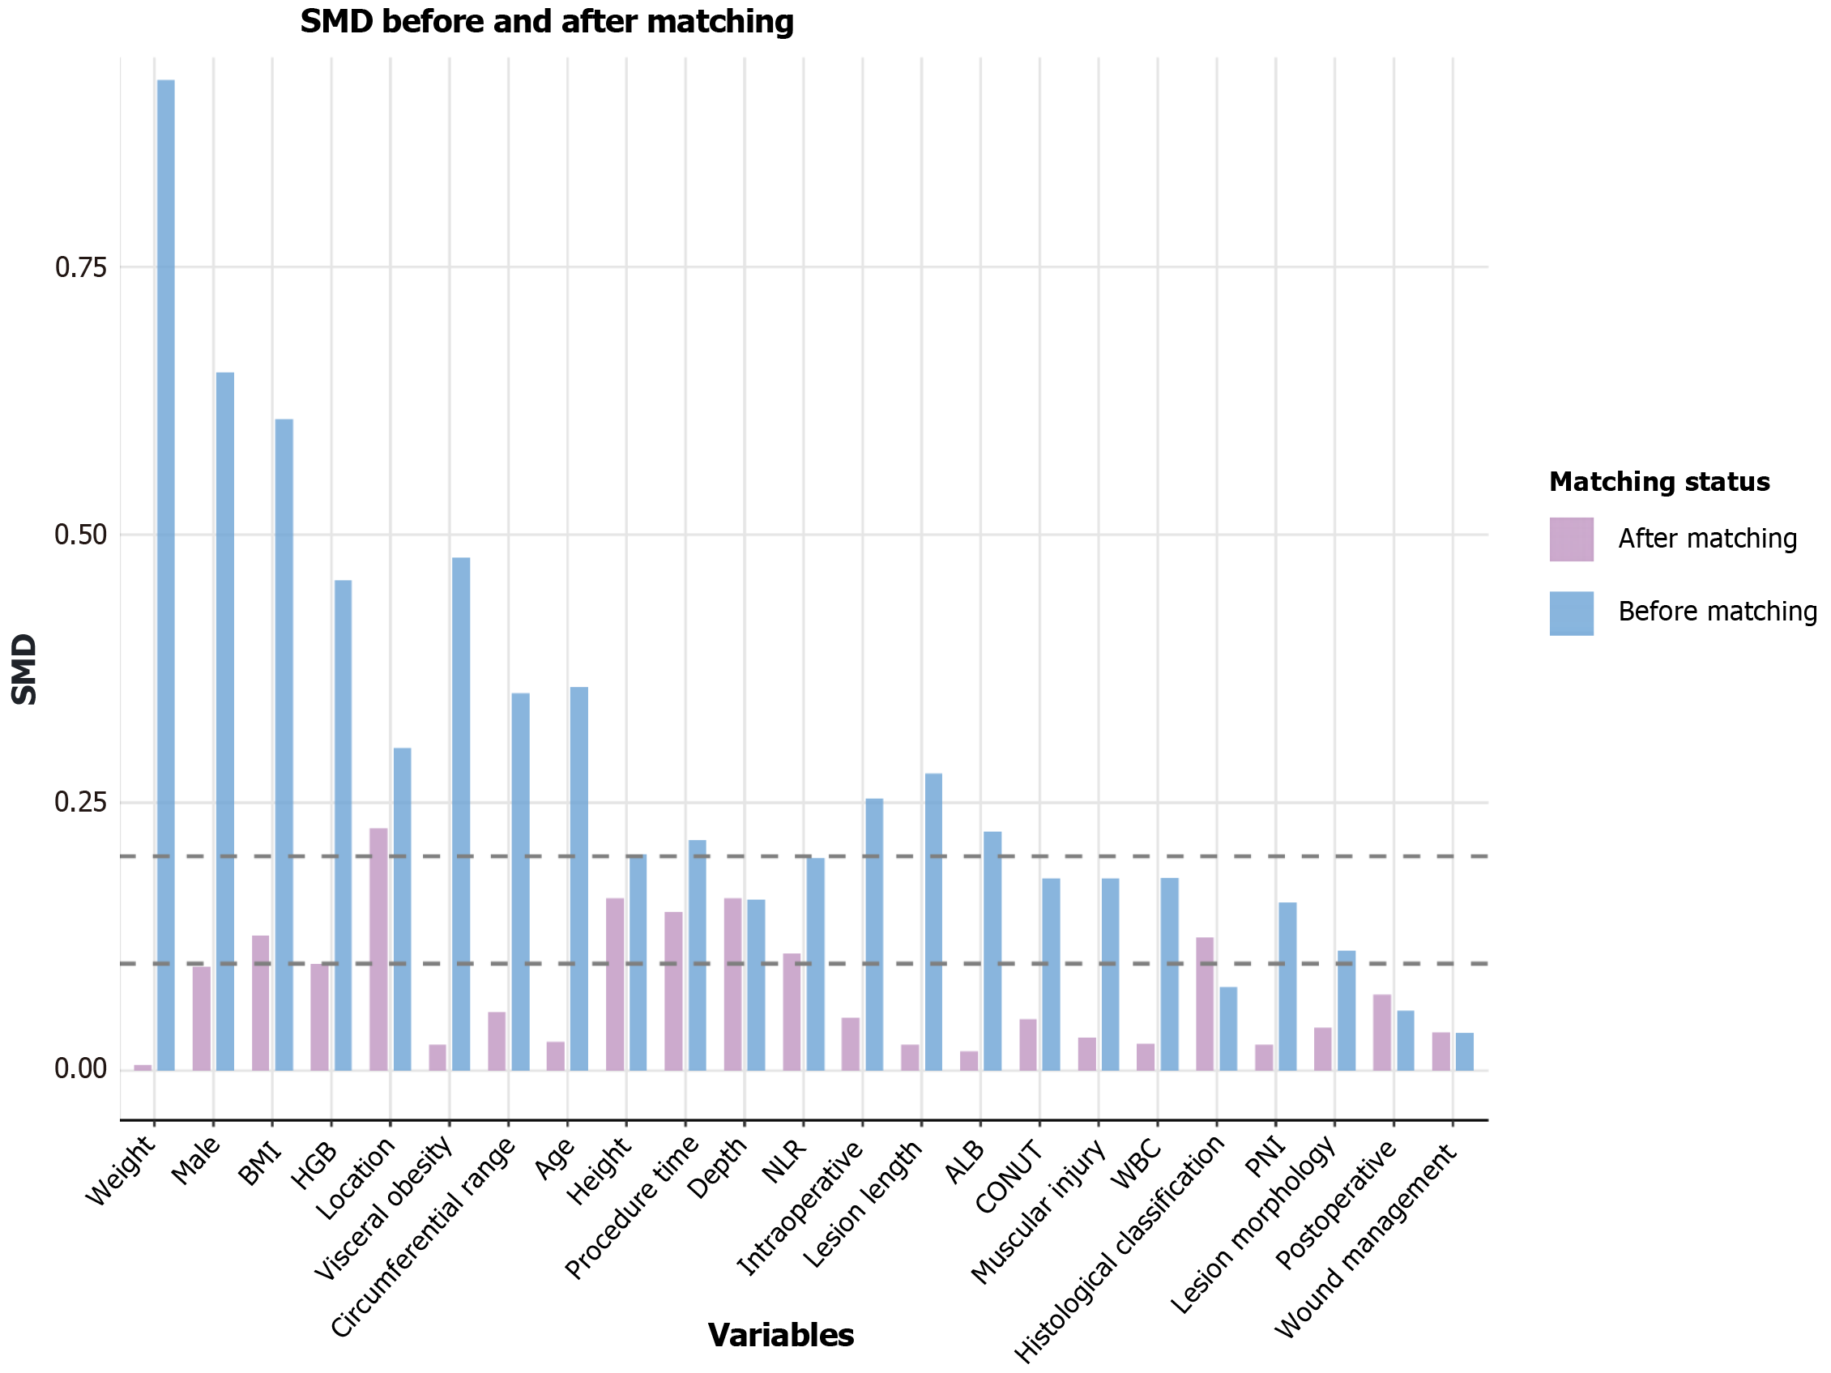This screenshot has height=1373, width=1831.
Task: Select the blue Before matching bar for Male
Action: [x=225, y=721]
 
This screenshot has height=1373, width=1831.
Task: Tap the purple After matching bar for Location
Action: [x=378, y=949]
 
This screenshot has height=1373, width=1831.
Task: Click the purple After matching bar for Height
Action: [x=615, y=984]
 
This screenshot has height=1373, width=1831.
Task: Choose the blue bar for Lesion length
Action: [x=933, y=922]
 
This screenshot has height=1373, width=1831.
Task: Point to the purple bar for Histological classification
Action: [x=1206, y=1004]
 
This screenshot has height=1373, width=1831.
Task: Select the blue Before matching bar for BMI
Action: [x=284, y=745]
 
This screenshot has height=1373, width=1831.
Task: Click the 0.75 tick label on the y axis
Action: [x=81, y=267]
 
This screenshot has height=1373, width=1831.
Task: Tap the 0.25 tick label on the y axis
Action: [x=81, y=802]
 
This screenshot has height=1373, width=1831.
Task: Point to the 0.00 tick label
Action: [x=81, y=1069]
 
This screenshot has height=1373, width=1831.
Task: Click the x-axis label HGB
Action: [x=314, y=1166]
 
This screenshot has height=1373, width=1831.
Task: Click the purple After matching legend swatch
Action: [x=1571, y=539]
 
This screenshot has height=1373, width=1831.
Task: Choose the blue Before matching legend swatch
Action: [x=1571, y=613]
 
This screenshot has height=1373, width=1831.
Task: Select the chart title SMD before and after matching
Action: [x=546, y=22]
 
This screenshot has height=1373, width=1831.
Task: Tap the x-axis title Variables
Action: [x=780, y=1335]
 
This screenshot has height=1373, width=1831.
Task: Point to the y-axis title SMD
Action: [x=25, y=669]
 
